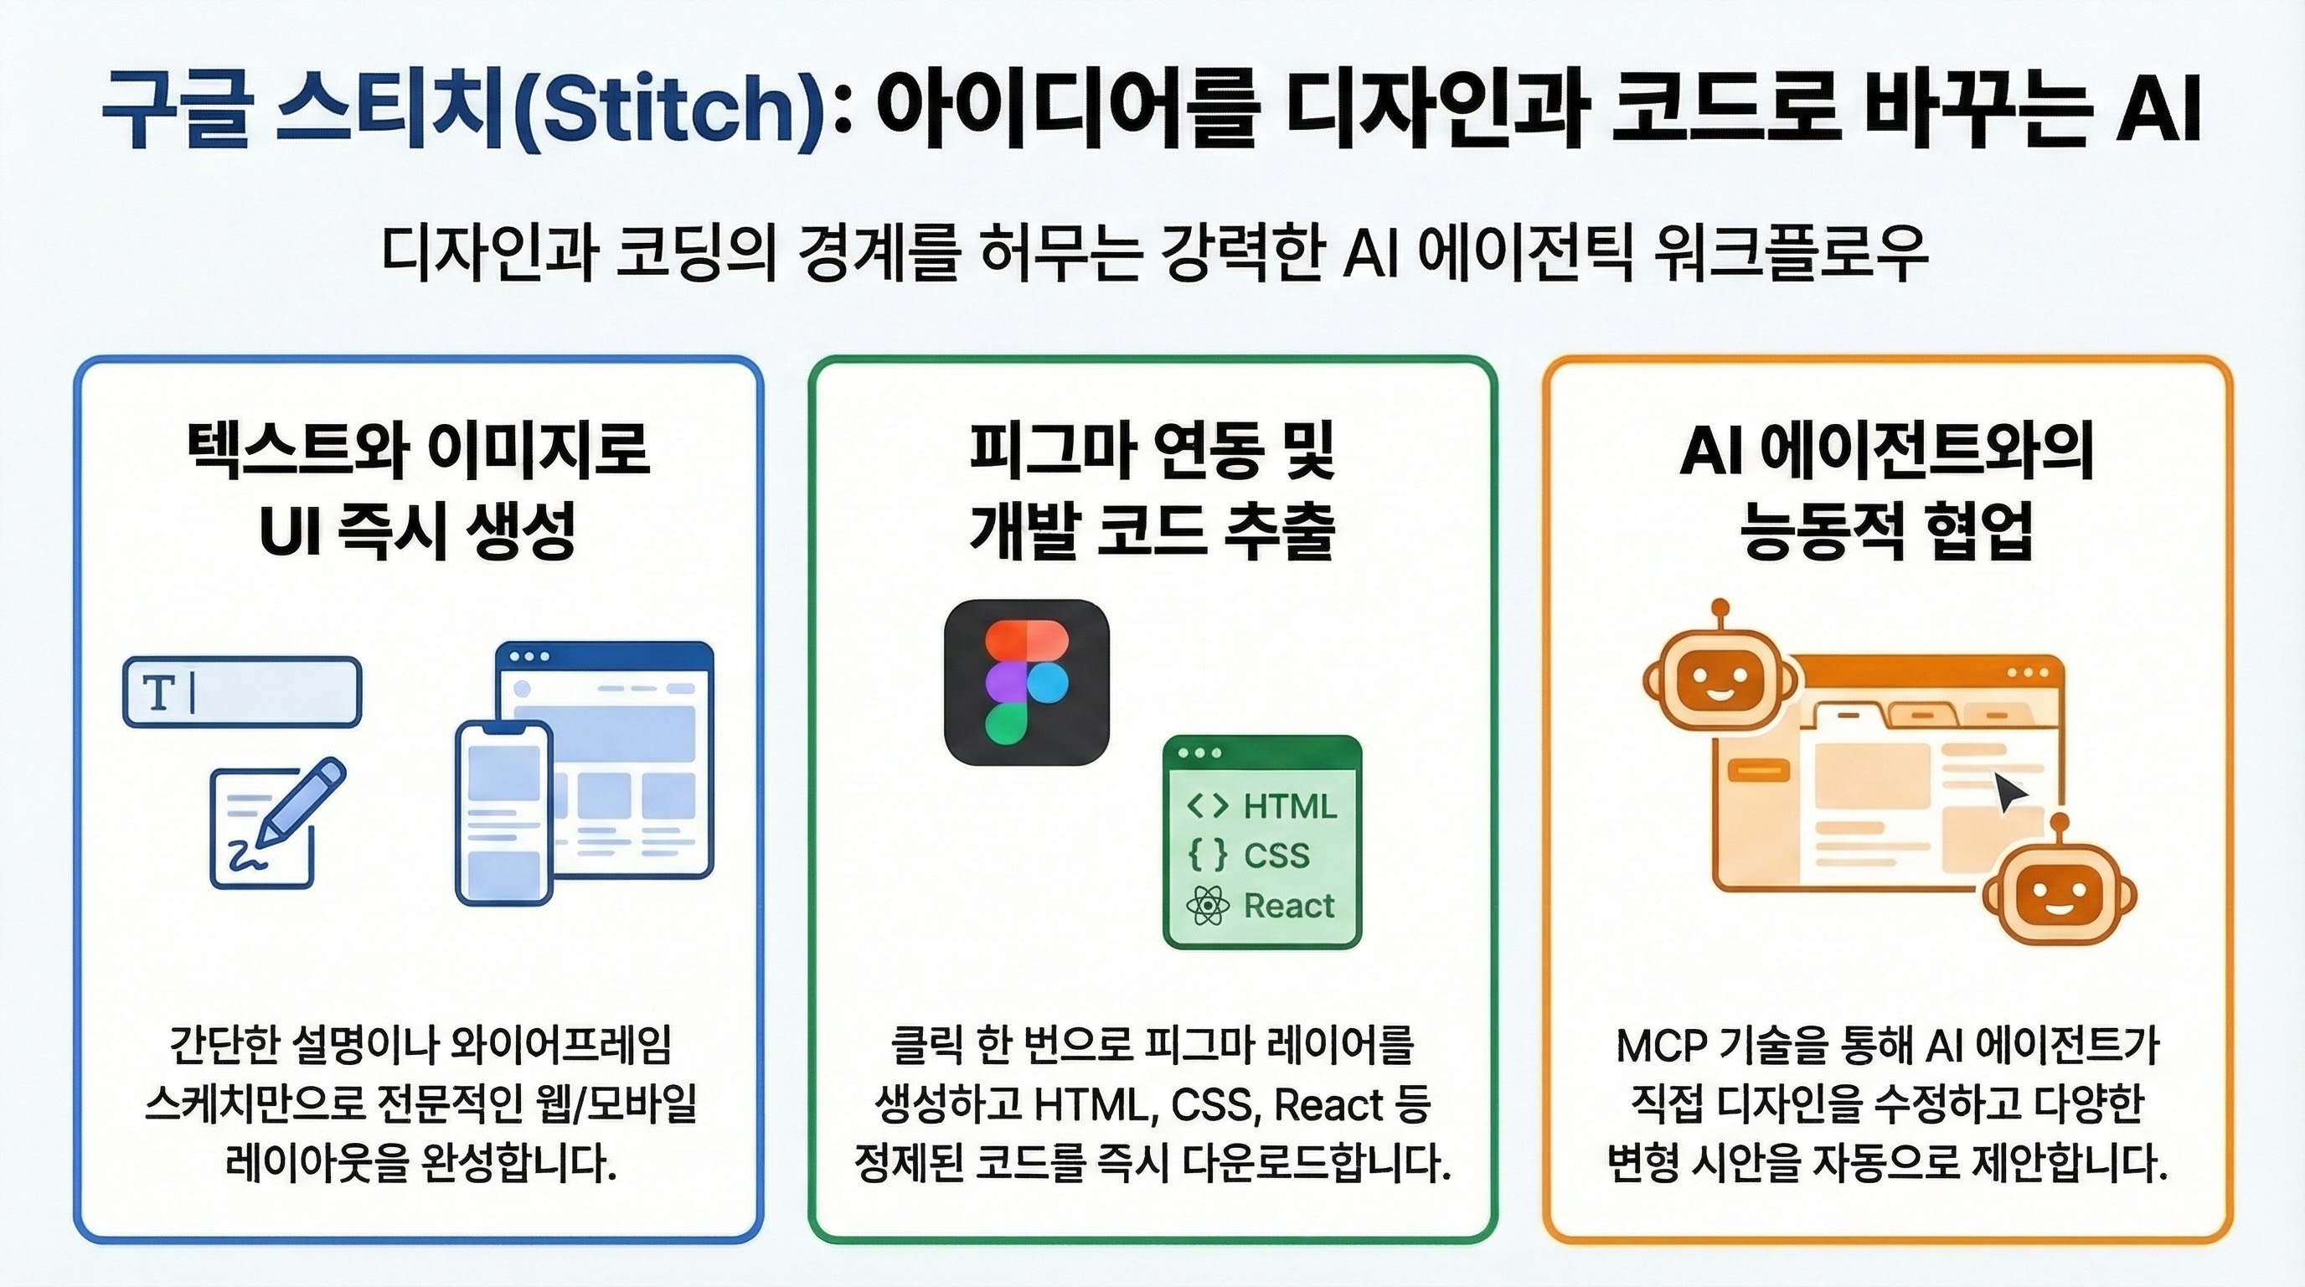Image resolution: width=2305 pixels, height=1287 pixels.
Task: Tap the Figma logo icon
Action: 1026,682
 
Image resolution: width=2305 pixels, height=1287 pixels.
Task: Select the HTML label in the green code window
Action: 1289,806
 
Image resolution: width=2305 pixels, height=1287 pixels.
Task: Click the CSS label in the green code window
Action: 1276,855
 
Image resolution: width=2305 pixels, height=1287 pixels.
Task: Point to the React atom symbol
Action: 1208,906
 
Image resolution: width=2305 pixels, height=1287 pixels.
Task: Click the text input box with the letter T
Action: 241,692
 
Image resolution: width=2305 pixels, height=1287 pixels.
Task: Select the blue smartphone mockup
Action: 503,813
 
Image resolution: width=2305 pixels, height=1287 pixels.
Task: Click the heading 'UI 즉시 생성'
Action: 416,529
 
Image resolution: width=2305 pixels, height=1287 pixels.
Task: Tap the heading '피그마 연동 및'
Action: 1152,450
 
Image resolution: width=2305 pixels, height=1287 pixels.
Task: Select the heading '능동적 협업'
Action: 1886,529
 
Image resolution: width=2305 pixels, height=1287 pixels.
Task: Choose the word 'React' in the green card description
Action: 1328,1105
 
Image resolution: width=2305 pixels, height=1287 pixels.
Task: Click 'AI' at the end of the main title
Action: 2158,110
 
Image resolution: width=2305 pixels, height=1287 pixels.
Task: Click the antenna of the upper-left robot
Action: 1719,614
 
